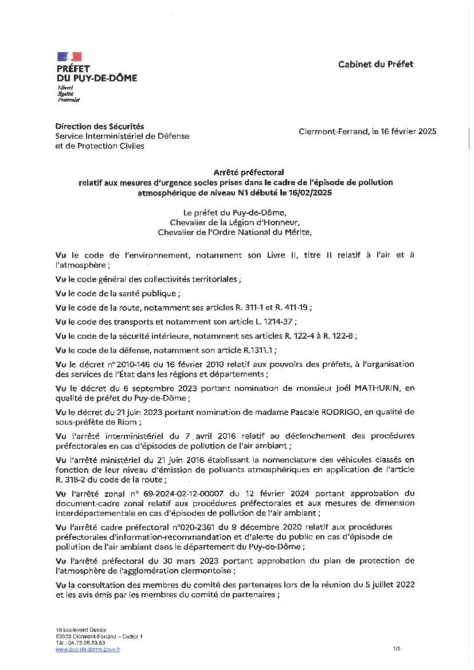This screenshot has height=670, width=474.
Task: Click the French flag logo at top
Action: click(69, 57)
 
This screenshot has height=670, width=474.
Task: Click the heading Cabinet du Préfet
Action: click(375, 64)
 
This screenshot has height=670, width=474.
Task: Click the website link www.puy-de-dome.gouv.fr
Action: click(88, 649)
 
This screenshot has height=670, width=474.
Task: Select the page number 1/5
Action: click(397, 649)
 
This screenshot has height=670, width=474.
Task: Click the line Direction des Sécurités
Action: click(100, 126)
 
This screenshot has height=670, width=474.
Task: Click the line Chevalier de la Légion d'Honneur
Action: click(235, 222)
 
